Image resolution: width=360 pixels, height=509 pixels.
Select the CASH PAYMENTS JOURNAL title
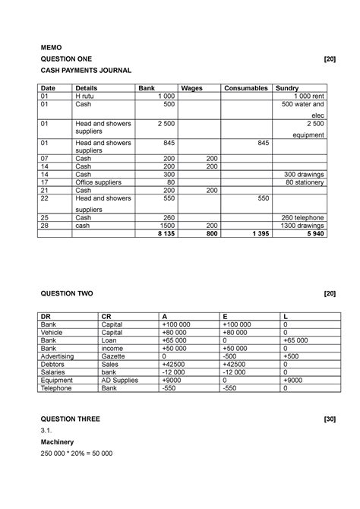pyautogui.click(x=85, y=70)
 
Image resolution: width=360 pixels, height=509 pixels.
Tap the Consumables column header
pyautogui.click(x=246, y=89)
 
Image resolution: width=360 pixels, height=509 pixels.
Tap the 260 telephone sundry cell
pyautogui.click(x=301, y=217)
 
